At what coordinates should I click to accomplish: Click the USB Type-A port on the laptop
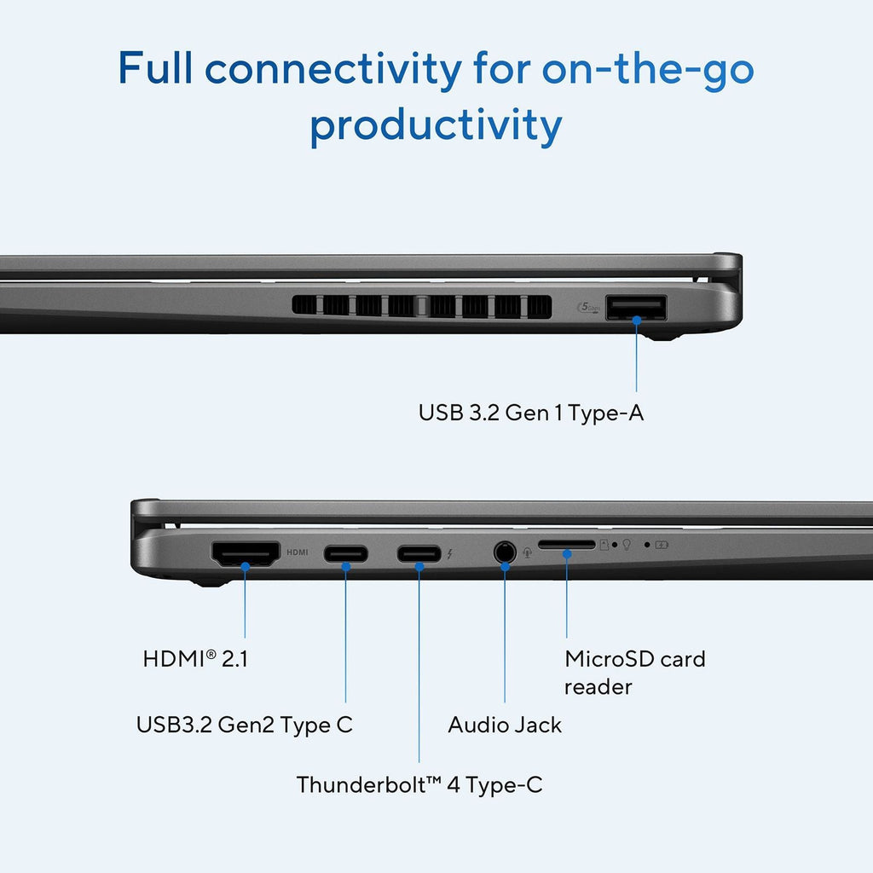click(636, 308)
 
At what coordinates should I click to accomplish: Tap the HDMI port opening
click(245, 554)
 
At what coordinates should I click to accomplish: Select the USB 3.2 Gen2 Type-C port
click(346, 554)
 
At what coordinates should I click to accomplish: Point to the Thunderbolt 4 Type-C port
click(419, 554)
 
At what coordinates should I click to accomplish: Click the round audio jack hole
click(505, 552)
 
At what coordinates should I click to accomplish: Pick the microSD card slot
click(567, 545)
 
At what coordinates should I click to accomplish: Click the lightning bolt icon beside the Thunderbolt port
click(449, 554)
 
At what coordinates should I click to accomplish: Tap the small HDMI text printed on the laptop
click(298, 552)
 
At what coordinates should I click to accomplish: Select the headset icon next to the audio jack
click(527, 552)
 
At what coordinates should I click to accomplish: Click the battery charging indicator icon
click(662, 545)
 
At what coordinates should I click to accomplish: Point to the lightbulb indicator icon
click(627, 545)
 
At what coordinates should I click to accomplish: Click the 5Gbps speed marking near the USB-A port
click(588, 307)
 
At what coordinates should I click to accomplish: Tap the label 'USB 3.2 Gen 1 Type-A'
click(530, 413)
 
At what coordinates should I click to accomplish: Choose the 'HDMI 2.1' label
click(195, 659)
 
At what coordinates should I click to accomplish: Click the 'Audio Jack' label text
click(505, 725)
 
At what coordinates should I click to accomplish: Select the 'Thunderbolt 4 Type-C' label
click(419, 785)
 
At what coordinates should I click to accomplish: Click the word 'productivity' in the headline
click(436, 126)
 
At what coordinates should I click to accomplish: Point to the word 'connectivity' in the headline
click(333, 69)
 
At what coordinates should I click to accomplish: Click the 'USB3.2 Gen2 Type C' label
click(245, 725)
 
